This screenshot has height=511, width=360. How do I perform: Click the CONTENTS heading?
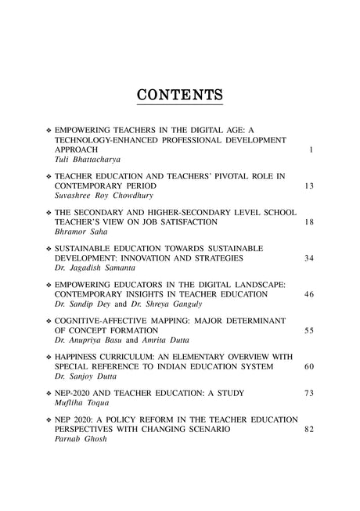click(180, 95)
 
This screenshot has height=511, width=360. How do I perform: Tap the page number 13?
click(309, 186)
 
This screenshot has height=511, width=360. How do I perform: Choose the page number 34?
click(309, 258)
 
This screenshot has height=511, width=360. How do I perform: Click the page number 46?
click(309, 293)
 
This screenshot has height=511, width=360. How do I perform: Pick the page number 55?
click(309, 330)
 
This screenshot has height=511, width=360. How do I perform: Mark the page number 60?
click(309, 366)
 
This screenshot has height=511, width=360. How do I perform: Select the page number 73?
click(309, 392)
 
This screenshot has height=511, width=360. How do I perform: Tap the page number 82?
click(309, 429)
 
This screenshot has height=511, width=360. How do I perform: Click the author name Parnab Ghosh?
click(81, 439)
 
